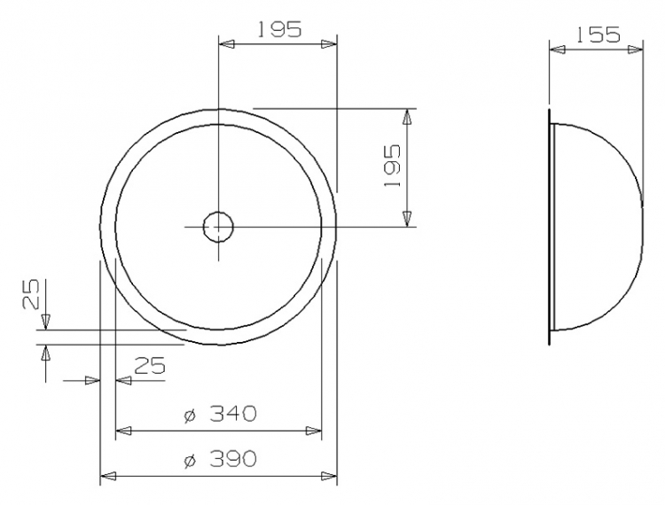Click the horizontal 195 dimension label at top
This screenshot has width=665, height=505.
click(x=279, y=29)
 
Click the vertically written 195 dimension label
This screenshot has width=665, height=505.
click(x=392, y=166)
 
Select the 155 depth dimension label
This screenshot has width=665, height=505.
click(x=598, y=35)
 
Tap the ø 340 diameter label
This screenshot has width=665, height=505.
click(x=221, y=414)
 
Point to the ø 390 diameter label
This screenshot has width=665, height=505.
click(x=221, y=459)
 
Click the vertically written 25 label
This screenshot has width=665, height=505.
click(x=31, y=294)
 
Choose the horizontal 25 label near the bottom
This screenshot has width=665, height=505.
click(x=150, y=366)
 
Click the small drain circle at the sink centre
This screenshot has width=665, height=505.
click(x=218, y=227)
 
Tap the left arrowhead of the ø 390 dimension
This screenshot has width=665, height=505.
click(x=107, y=476)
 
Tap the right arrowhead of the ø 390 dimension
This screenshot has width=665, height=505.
click(x=329, y=476)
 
